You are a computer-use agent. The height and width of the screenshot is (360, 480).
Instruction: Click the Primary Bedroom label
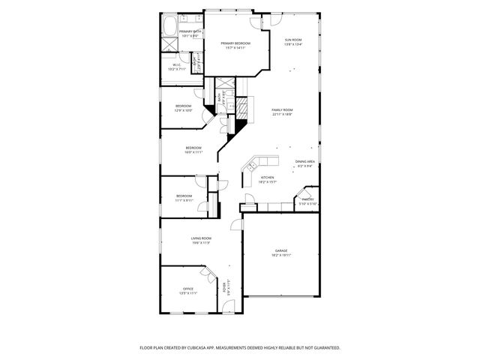[235, 43]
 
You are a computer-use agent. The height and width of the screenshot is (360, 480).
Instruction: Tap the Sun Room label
[292, 40]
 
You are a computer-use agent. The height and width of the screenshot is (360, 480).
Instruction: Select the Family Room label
[282, 109]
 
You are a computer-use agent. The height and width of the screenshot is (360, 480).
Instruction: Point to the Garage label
[281, 250]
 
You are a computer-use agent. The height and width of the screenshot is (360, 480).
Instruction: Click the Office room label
[187, 289]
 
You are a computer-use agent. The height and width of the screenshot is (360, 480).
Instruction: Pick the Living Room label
[200, 238]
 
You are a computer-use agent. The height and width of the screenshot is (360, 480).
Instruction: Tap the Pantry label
[307, 199]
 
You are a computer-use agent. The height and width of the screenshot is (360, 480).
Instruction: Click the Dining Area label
[304, 162]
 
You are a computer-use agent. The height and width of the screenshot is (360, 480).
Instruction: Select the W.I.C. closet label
[176, 65]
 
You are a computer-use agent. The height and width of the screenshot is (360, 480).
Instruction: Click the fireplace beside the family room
[242, 109]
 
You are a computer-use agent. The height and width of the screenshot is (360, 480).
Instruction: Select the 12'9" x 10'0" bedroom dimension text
[184, 110]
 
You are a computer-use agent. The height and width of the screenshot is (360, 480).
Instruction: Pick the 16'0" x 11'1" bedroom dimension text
[193, 152]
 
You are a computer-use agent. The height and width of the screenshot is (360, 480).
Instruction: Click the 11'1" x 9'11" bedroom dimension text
[184, 200]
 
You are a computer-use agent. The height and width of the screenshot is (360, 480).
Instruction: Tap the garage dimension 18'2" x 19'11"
[281, 255]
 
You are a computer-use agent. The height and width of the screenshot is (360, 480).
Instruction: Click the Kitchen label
[268, 178]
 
